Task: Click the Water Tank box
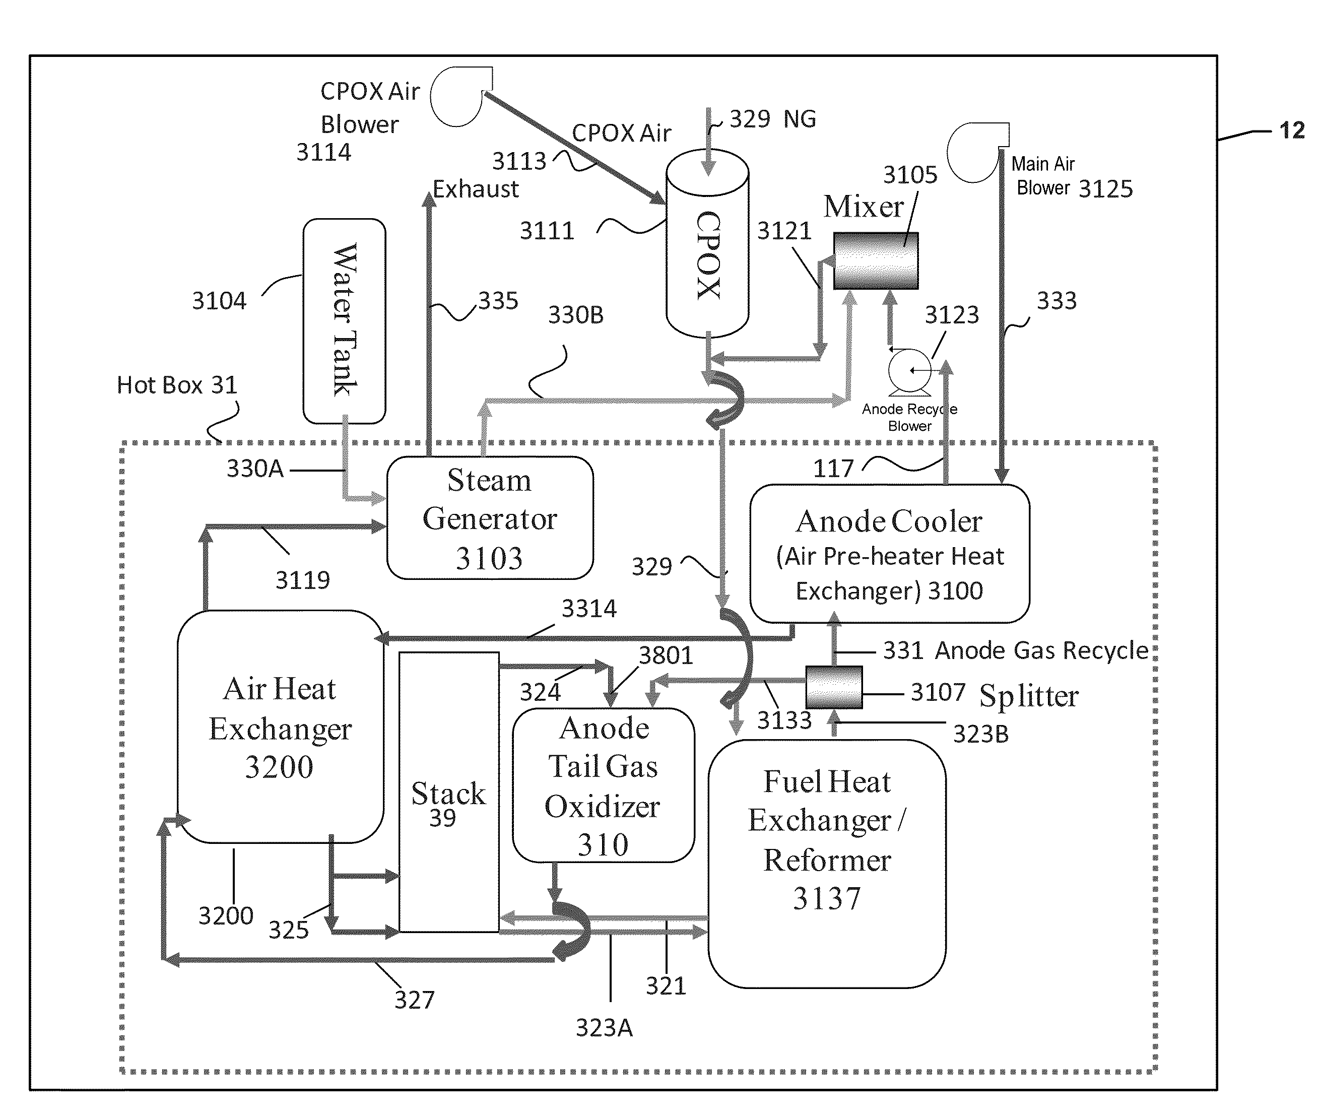click(344, 321)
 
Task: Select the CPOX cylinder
click(707, 254)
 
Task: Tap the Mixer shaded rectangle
click(876, 260)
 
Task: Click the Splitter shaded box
click(834, 687)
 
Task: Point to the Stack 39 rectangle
click(448, 793)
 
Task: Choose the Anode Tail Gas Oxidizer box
click(603, 785)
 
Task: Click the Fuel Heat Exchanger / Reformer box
click(827, 863)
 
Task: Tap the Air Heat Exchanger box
click(280, 727)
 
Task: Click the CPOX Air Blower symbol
click(461, 96)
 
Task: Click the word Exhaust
click(476, 189)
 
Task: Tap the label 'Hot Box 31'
click(176, 385)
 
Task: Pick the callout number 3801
click(666, 655)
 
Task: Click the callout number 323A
click(604, 1028)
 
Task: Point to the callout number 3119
click(303, 580)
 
